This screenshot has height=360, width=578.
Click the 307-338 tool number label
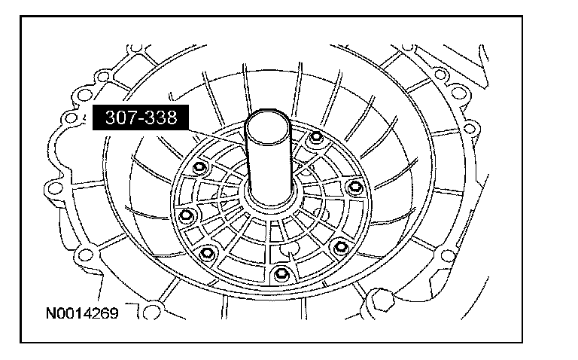click(x=141, y=117)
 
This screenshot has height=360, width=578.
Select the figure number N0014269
click(x=82, y=313)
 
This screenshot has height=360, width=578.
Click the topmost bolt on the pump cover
click(x=316, y=137)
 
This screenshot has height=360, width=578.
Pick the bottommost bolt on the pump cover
click(x=281, y=273)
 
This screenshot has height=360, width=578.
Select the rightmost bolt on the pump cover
click(x=355, y=186)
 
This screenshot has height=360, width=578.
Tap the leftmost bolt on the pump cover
click(x=185, y=215)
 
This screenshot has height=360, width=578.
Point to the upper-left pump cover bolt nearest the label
click(x=199, y=167)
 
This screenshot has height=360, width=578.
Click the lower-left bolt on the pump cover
click(x=207, y=253)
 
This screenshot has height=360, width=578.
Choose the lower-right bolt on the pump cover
click(x=341, y=246)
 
